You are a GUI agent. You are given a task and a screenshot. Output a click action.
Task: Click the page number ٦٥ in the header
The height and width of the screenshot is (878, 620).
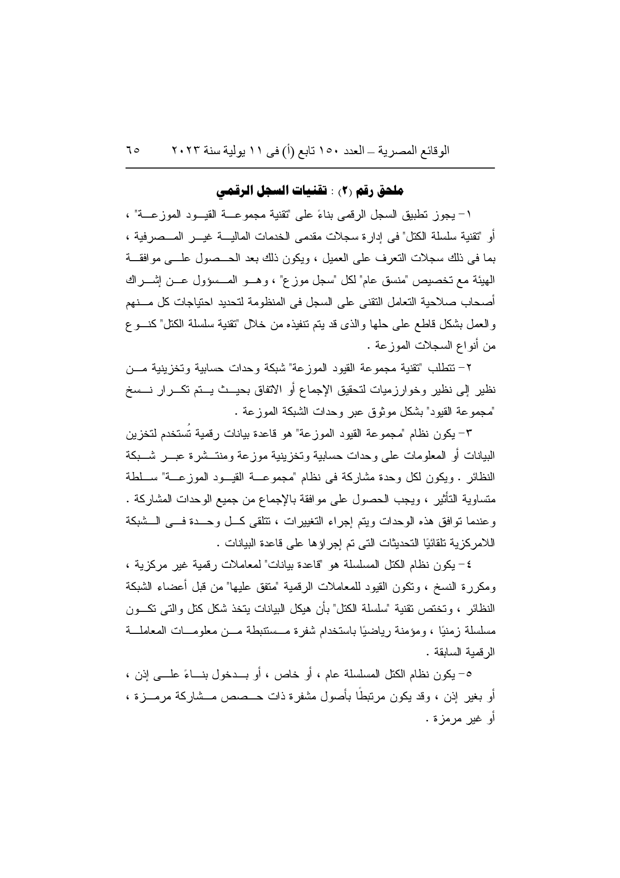tap(133, 150)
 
